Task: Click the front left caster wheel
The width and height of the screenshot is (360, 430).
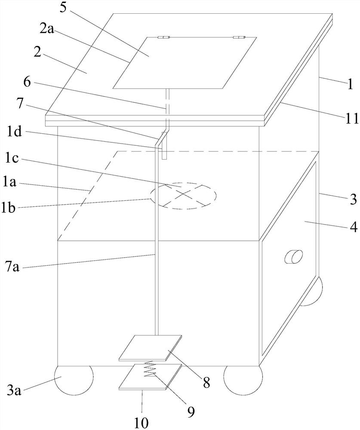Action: pos(73,379)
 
